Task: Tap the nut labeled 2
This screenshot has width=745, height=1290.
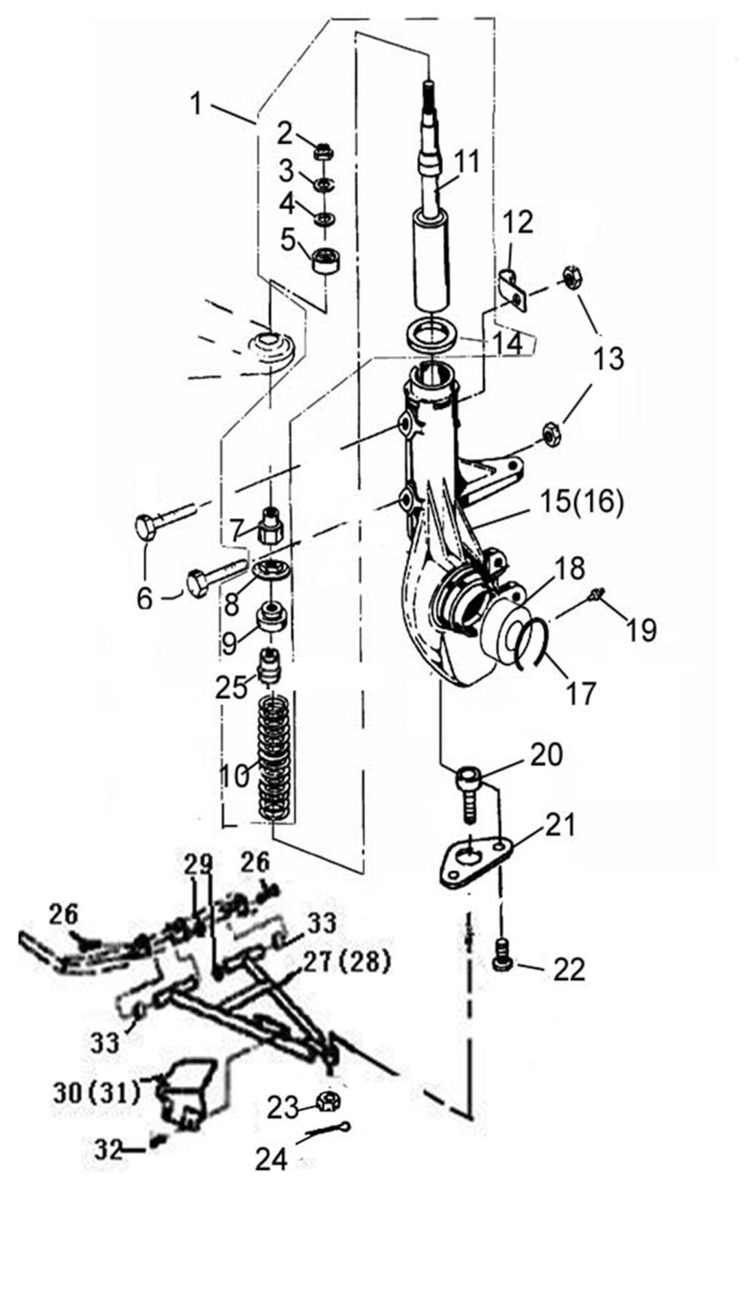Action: coord(324,153)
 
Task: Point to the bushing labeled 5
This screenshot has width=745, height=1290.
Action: coord(327,260)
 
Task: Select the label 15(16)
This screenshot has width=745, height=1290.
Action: coord(582,503)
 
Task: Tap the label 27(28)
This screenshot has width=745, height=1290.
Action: coord(347,963)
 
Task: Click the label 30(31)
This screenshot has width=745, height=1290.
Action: coord(97,1093)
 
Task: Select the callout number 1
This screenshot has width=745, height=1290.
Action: coord(196,103)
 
